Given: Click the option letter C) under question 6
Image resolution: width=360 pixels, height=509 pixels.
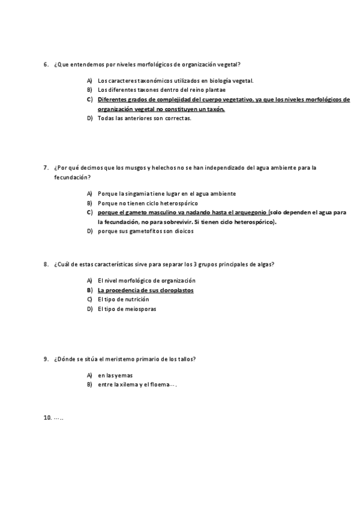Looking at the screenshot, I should coord(89,100).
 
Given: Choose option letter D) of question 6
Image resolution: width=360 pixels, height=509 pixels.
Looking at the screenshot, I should coord(89,118).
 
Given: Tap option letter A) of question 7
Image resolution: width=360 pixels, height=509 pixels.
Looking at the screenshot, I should coord(89,193).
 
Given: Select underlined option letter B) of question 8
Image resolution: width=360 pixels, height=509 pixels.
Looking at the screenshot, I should coord(89,290).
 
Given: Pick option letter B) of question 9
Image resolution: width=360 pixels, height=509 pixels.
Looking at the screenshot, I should coord(89,384).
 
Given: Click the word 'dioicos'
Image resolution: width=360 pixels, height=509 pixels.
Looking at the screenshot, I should coord(182,231).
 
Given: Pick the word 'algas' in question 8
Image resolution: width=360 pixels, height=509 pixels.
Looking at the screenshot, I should coord(267,264).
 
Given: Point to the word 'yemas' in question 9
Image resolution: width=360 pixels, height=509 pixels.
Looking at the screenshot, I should coord(124,375).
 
